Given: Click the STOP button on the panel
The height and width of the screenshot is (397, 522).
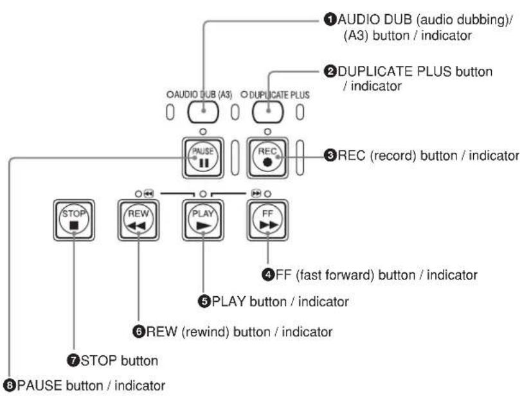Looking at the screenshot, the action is pos(74,220).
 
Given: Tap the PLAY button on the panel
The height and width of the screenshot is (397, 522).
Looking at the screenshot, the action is pos(203,220).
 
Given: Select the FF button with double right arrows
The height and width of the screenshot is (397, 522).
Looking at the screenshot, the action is pos(267,220).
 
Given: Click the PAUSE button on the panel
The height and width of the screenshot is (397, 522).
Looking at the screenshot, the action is pos(203,158).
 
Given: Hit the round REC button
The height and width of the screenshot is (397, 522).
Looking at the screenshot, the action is pos(267,158).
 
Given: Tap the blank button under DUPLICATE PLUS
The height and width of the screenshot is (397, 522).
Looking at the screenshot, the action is pos(268,112).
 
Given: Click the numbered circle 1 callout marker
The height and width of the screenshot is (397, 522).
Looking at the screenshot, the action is pos(330,19).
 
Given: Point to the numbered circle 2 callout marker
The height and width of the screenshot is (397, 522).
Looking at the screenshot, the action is pos(330,71).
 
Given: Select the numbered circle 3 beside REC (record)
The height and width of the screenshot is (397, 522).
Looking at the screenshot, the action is pos(330,155).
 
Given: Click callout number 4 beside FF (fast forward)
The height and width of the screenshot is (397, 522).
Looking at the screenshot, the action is pos(268,275).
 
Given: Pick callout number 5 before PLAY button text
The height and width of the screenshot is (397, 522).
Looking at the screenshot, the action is pos(204,301).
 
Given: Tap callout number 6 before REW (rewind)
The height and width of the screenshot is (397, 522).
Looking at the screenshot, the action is pos(139,331).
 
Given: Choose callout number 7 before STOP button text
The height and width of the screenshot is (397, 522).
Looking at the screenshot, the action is pos(73,360).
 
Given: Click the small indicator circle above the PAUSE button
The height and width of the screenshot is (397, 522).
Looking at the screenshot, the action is pos(203,132).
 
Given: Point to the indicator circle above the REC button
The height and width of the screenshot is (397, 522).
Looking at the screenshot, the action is pos(267,132).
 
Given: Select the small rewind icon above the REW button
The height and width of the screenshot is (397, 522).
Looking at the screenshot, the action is pos(148,193).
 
